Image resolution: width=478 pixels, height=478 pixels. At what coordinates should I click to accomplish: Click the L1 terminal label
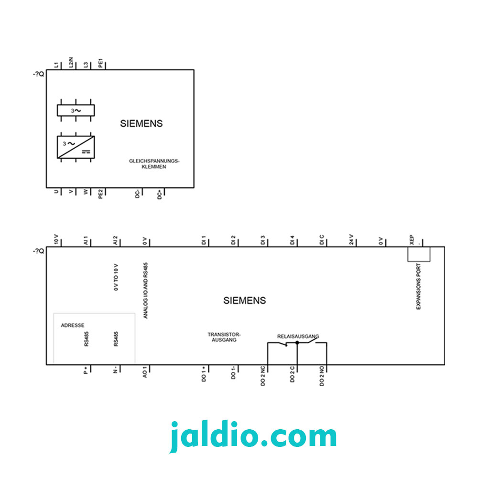pyautogui.click(x=56, y=65)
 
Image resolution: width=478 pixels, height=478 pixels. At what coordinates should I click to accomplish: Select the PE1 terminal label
pyautogui.click(x=100, y=63)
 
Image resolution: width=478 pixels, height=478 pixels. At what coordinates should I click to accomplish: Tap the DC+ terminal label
pyautogui.click(x=160, y=195)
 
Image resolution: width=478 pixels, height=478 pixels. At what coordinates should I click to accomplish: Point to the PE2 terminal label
pyautogui.click(x=100, y=194)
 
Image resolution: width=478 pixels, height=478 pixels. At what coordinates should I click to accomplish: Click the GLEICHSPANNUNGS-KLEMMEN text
pyautogui.click(x=154, y=163)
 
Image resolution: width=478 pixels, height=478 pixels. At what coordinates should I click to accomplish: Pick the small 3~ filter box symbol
pyautogui.click(x=76, y=110)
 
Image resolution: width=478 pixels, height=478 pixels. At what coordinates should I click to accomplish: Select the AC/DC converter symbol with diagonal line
pyautogui.click(x=76, y=147)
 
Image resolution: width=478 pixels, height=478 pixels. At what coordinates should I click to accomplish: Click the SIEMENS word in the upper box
pyautogui.click(x=141, y=123)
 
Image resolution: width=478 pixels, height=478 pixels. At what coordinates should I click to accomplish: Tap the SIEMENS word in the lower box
pyautogui.click(x=244, y=301)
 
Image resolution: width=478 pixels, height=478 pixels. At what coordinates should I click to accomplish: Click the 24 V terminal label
pyautogui.click(x=351, y=239)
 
